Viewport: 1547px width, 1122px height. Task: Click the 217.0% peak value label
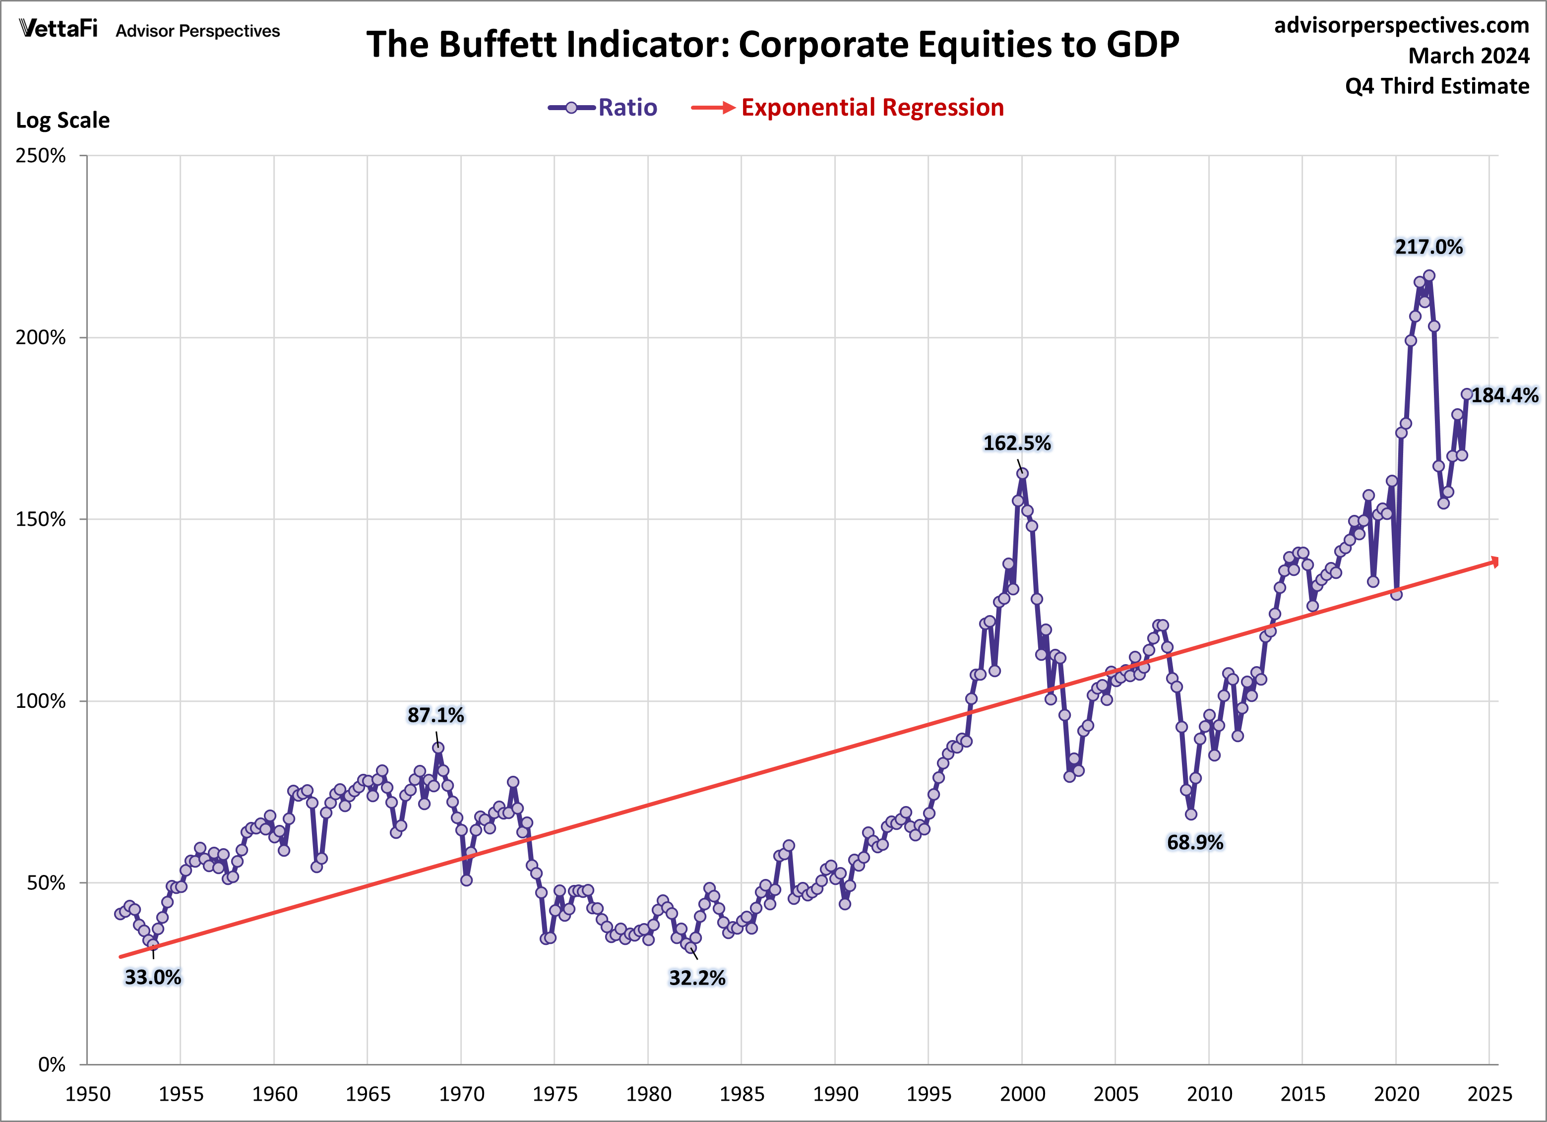(x=1428, y=247)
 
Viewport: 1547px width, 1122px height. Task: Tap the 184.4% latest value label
(x=1504, y=396)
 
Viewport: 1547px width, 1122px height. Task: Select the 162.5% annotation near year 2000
(x=1016, y=443)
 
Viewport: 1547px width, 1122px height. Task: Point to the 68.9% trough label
(x=1195, y=842)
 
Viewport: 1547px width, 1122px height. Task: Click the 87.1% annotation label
(x=435, y=715)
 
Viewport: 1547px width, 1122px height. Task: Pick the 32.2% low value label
(x=697, y=978)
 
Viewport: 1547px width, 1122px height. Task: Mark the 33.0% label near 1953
(x=153, y=977)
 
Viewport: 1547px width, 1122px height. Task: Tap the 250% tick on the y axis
(x=41, y=156)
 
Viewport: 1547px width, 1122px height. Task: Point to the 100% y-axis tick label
(x=41, y=701)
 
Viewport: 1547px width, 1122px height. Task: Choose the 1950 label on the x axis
(x=88, y=1094)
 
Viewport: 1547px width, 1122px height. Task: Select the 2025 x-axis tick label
(x=1489, y=1094)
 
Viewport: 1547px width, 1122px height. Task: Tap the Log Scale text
(x=63, y=120)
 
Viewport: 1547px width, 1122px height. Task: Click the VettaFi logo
(x=59, y=29)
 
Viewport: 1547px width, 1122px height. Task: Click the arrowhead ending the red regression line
(x=1495, y=561)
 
